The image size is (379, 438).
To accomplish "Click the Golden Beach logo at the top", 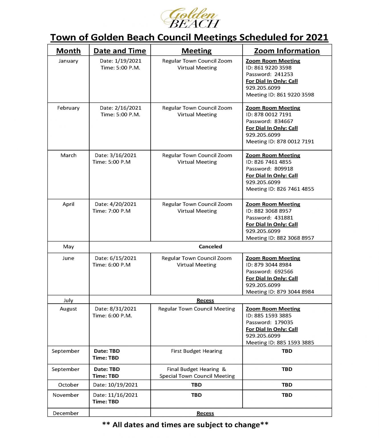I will pyautogui.click(x=190, y=18).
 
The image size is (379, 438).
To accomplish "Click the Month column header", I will pyautogui.click(x=68, y=51).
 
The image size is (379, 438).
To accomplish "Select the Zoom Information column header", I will pyautogui.click(x=287, y=51).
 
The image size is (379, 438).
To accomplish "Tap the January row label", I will pyautogui.click(x=68, y=61).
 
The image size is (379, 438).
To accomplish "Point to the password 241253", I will pyautogui.click(x=284, y=74).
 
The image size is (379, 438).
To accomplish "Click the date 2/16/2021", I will pyautogui.click(x=128, y=108).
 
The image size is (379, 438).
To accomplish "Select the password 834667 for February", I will pyautogui.click(x=284, y=121).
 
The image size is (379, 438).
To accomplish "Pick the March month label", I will pyautogui.click(x=68, y=155).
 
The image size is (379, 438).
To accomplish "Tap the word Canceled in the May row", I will pyautogui.click(x=210, y=247).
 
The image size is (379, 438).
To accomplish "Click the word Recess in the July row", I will pyautogui.click(x=205, y=300).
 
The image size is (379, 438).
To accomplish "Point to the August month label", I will pyautogui.click(x=68, y=309).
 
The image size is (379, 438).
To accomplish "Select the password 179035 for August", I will pyautogui.click(x=284, y=322).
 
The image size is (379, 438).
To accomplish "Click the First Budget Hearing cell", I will pyautogui.click(x=196, y=351).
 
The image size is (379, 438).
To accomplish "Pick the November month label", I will pyautogui.click(x=66, y=395).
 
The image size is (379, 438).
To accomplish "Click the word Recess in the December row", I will pyautogui.click(x=205, y=413).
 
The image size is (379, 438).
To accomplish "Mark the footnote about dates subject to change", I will pyautogui.click(x=185, y=425).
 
